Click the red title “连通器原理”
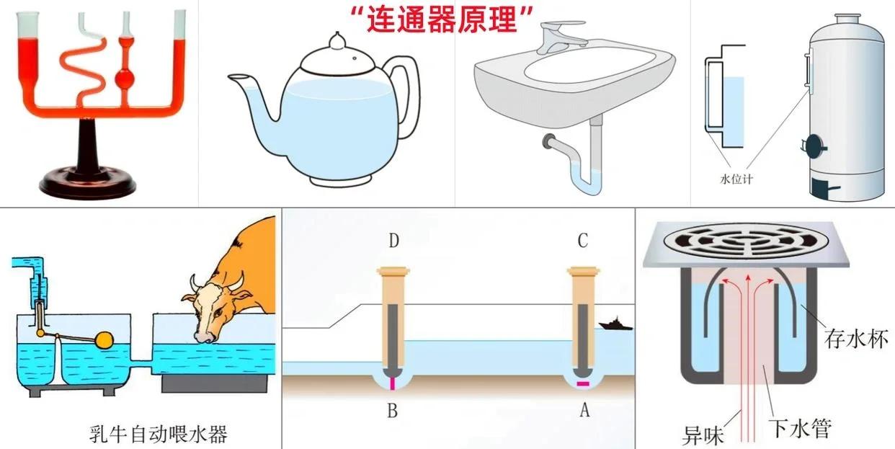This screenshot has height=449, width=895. tap(440, 19)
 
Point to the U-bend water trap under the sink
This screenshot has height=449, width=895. tap(584, 180)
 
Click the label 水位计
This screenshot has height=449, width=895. tap(736, 179)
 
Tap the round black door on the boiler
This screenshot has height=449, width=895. tap(815, 146)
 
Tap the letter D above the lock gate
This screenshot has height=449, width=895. tap(393, 240)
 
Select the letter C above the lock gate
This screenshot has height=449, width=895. tap(584, 240)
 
